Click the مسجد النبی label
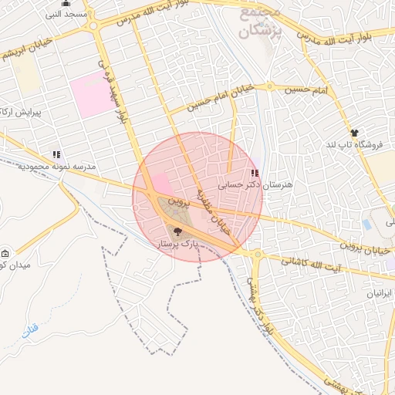pyautogui.click(x=68, y=15)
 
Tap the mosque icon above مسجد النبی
pyautogui.click(x=66, y=3)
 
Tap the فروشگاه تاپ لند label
pyautogui.click(x=353, y=145)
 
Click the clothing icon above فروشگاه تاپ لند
pyautogui.click(x=353, y=133)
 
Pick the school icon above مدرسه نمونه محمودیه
pyautogui.click(x=56, y=154)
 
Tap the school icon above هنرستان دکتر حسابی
pyautogui.click(x=255, y=174)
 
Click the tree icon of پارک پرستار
pyautogui.click(x=179, y=231)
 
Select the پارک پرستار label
pyautogui.click(x=178, y=244)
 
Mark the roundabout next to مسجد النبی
pyautogui.click(x=93, y=25)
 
